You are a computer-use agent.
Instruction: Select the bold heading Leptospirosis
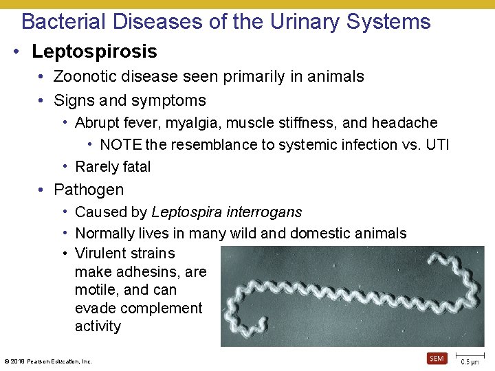pyautogui.click(x=94, y=52)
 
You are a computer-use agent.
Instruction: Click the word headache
pyautogui.click(x=404, y=123)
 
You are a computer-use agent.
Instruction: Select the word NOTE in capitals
pyautogui.click(x=120, y=144)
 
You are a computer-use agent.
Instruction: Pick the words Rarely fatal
pyautogui.click(x=113, y=166)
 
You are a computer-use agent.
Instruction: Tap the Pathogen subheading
pyautogui.click(x=89, y=190)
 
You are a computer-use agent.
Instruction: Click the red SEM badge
pyautogui.click(x=437, y=358)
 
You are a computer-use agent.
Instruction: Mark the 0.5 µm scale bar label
pyautogui.click(x=470, y=362)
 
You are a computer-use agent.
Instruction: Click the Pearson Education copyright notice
pyautogui.click(x=47, y=361)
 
